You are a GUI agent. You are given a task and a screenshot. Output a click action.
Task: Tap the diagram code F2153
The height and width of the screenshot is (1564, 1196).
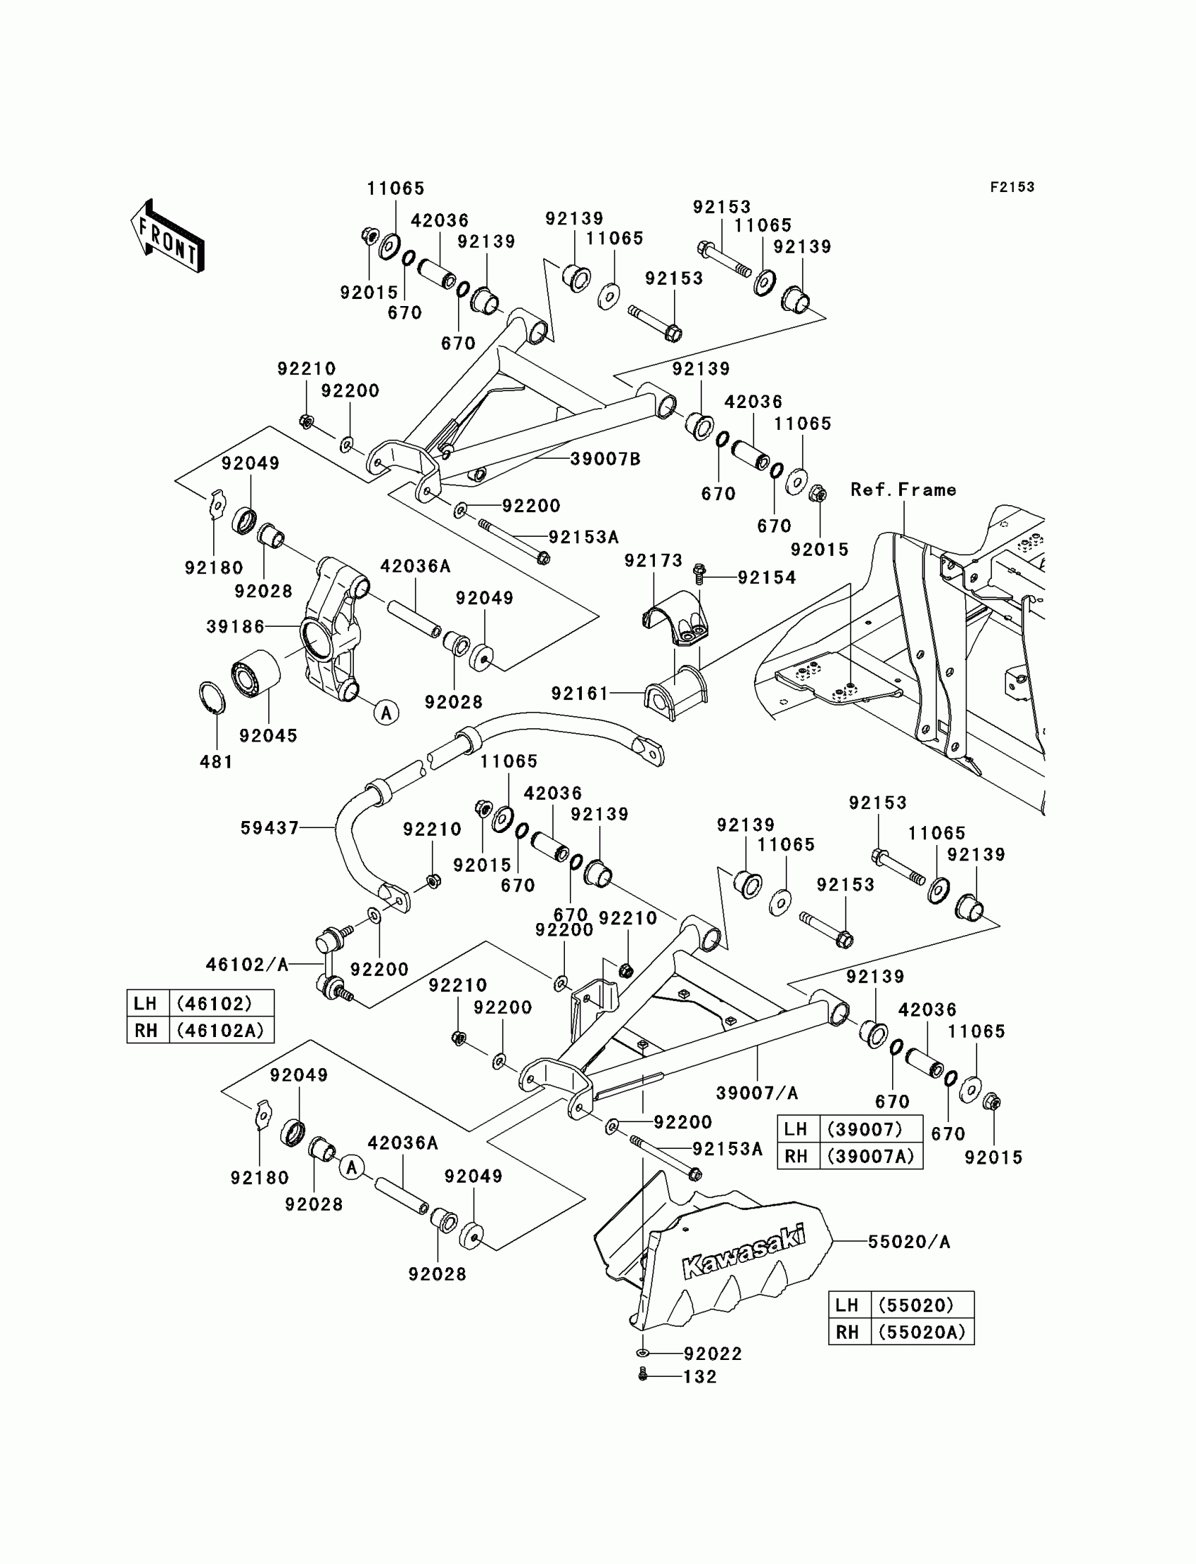(x=1012, y=187)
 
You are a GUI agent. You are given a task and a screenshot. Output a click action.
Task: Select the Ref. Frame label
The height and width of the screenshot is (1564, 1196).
(x=903, y=490)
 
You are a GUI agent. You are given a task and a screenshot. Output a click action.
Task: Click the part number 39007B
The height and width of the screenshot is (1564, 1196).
(x=605, y=459)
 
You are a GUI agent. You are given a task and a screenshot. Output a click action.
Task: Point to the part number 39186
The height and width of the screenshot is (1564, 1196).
(x=235, y=626)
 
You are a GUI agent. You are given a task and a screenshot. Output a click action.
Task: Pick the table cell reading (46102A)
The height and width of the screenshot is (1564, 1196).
(x=221, y=1030)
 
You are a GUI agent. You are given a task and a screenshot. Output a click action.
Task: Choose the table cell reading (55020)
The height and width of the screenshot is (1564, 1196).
(x=922, y=1305)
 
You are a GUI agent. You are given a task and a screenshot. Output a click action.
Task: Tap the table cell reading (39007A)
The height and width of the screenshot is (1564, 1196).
(x=871, y=1156)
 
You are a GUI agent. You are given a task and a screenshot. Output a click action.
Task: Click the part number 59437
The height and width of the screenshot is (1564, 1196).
(x=269, y=827)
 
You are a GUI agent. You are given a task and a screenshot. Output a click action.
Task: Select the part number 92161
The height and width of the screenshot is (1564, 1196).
(x=580, y=693)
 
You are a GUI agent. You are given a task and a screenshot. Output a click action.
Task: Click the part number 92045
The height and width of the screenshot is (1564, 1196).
(x=267, y=735)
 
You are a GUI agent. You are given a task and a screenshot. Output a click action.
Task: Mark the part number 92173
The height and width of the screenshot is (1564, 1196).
(x=653, y=561)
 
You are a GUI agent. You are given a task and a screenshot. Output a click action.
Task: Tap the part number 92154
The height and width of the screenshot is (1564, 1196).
(x=766, y=578)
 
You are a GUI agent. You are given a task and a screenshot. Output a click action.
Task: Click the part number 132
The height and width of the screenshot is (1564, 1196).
(x=700, y=1377)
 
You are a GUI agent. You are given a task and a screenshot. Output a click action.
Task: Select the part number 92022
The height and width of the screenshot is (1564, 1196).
(x=713, y=1353)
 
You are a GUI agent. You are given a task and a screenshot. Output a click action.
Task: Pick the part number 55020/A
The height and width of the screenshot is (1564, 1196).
(x=908, y=1242)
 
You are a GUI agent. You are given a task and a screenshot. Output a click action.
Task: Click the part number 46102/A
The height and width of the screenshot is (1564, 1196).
(x=247, y=965)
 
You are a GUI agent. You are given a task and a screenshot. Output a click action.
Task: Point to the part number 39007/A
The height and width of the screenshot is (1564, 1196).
(x=757, y=1093)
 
